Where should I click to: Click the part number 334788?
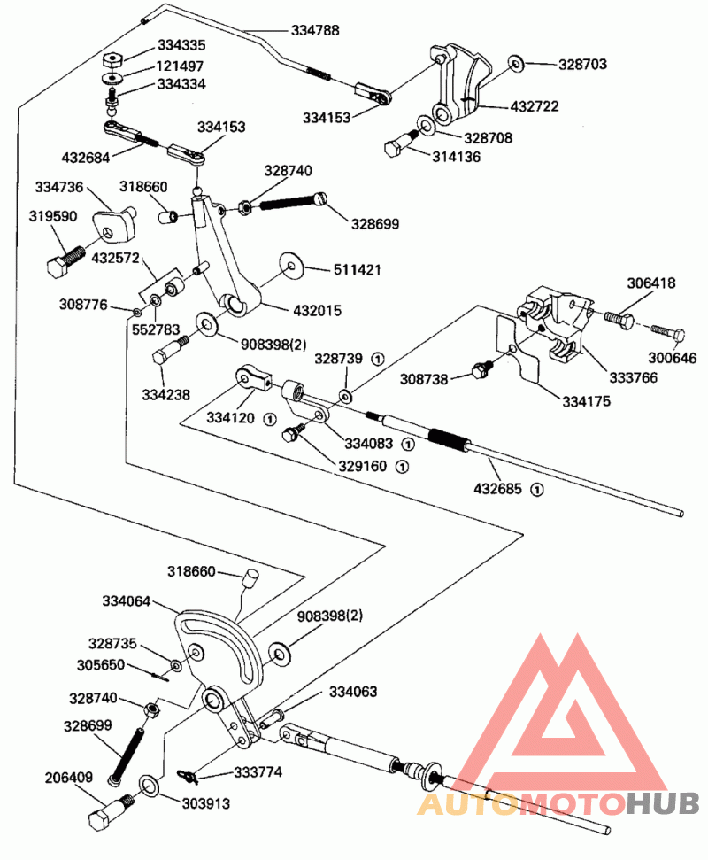[x=315, y=30]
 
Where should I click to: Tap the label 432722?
[x=535, y=106]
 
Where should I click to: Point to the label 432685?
[x=498, y=488]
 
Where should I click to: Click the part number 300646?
[x=673, y=359]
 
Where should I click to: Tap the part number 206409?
[x=69, y=779]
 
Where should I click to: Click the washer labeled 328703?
[x=516, y=64]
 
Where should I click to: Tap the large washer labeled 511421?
[x=291, y=265]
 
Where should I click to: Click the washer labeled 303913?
[x=150, y=786]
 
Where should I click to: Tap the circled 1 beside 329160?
[x=402, y=465]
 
